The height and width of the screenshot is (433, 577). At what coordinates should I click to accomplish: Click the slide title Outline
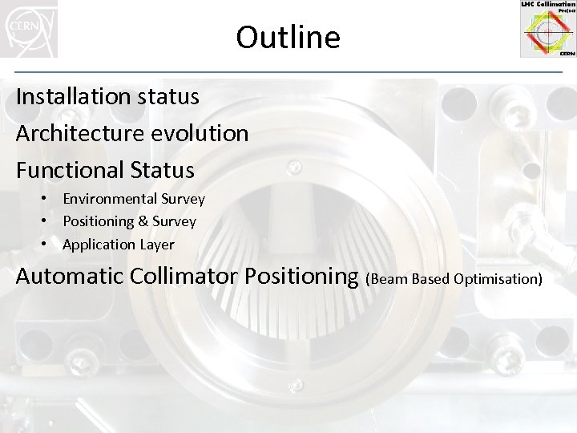click(x=288, y=38)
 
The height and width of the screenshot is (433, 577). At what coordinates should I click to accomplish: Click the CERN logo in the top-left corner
click(x=29, y=29)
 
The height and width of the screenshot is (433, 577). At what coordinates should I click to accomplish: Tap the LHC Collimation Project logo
click(x=547, y=29)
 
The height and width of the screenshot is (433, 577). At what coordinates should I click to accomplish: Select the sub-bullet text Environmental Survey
click(x=133, y=199)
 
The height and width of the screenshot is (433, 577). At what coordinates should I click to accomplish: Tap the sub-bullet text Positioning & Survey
click(x=129, y=221)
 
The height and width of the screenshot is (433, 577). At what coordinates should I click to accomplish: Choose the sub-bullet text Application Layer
click(x=118, y=245)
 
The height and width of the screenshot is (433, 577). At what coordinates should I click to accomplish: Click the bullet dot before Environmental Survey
click(x=48, y=198)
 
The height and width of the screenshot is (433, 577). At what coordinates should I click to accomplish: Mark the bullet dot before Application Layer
click(x=48, y=244)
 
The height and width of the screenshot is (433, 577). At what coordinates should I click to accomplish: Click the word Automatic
click(x=69, y=277)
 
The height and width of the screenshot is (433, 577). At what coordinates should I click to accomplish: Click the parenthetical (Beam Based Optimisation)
click(x=454, y=279)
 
